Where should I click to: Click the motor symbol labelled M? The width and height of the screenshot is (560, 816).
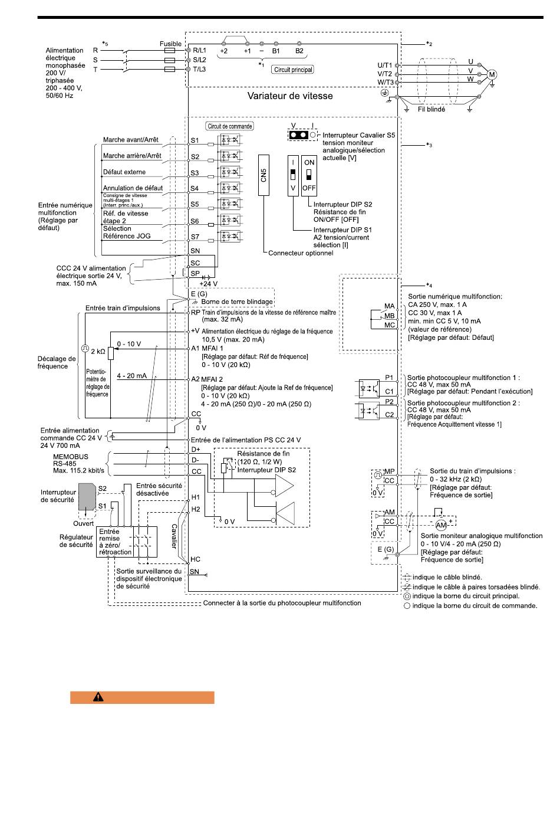coord(492,75)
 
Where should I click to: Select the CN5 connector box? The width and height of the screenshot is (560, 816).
coord(264,175)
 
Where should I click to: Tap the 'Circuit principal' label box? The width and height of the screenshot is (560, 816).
coord(293,70)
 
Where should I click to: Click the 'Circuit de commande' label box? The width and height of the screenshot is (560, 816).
coord(230,126)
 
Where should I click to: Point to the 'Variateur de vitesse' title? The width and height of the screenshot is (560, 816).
coord(290,96)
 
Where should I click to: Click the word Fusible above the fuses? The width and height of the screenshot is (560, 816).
coord(170,44)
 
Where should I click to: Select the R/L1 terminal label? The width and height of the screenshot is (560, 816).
coord(199,50)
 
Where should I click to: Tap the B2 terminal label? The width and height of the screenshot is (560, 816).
coord(299,51)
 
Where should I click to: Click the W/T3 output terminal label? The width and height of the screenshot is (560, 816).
coord(386,83)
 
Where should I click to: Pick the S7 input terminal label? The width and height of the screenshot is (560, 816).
coord(195,237)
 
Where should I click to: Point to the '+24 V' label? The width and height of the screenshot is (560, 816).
coord(209,284)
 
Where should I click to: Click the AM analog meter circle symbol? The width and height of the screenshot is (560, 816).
coord(441,525)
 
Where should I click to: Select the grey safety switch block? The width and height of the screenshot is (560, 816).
coord(87,497)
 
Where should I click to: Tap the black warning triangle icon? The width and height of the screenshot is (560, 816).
coord(98,697)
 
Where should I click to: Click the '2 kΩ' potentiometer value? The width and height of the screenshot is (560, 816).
coord(98,352)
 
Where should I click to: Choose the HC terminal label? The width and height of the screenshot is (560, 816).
coord(195,559)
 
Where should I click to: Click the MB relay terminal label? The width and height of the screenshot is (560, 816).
coord(389,316)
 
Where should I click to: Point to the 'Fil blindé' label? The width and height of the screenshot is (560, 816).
coord(431,109)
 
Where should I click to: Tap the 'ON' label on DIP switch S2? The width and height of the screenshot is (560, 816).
coord(309,162)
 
